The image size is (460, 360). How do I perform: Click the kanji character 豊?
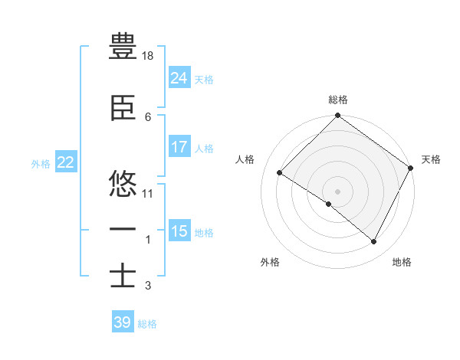coord(123,47)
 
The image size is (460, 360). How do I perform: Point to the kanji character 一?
coord(123,229)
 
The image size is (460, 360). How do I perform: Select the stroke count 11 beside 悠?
coord(148,193)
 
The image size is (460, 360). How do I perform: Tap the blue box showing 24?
coord(179,77)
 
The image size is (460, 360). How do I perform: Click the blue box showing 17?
coord(179,147)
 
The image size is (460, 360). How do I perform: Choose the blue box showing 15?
coord(179,231)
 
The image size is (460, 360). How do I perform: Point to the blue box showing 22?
coord(66,162)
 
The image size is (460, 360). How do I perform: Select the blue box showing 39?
coord(122,322)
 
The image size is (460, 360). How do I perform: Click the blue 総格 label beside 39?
coord(147,324)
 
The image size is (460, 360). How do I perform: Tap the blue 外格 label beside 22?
coord(41,163)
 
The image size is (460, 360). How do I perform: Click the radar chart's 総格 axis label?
coord(338,100)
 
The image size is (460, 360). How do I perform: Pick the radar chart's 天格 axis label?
coord(431,159)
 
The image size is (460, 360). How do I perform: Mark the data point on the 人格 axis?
coord(280,173)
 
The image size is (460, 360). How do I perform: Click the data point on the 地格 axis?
coord(374,242)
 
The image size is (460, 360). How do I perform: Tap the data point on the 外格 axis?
coord(329,205)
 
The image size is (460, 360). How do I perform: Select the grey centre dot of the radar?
coord(337,191)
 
